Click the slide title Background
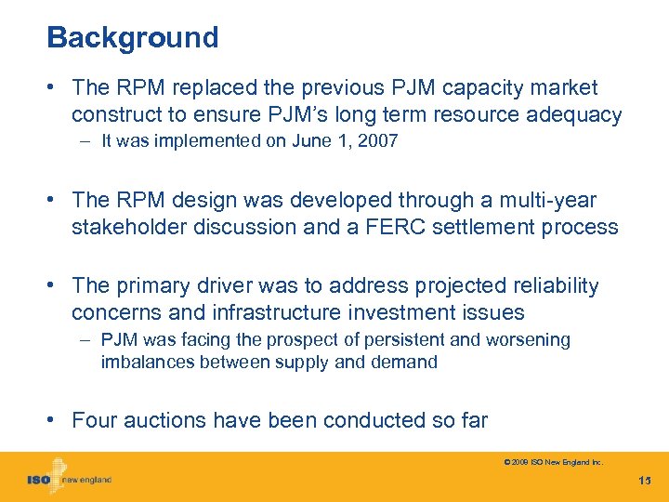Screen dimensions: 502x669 [132, 38]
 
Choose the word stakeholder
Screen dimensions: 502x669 [129, 227]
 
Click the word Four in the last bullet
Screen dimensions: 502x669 [93, 420]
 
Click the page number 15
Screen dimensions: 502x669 [645, 481]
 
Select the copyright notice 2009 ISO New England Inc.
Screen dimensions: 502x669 [554, 461]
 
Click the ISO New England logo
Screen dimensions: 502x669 [69, 478]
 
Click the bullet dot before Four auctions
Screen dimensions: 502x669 [55, 420]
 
